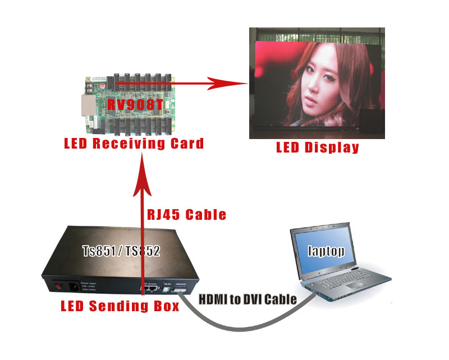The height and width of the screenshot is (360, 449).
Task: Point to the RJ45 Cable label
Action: coord(186,215)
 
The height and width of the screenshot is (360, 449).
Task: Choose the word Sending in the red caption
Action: coord(120,306)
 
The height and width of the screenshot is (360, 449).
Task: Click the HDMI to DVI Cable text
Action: coord(248,299)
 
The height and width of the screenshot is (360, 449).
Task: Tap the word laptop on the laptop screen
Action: coord(326,251)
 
